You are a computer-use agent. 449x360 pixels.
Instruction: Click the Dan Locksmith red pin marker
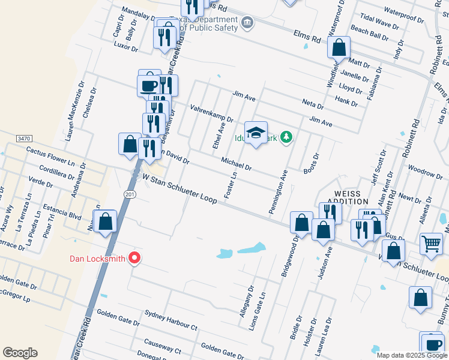[134, 259]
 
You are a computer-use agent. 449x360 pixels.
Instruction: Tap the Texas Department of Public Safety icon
[247, 23]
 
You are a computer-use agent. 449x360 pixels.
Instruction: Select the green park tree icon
[287, 137]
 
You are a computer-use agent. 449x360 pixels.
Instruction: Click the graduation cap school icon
[256, 133]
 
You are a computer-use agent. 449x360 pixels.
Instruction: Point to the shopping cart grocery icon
[431, 244]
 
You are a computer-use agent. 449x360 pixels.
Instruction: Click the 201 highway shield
[131, 194]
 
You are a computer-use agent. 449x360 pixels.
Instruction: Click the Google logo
[20, 353]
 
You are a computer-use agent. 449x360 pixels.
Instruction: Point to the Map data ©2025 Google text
[411, 355]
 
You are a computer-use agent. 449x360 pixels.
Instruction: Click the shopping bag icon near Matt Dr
[339, 47]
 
